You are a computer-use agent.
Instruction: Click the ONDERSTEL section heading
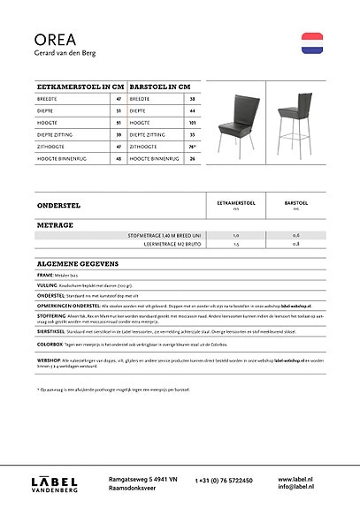pyautogui.click(x=58, y=205)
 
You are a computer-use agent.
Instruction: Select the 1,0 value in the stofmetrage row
pyautogui.click(x=236, y=236)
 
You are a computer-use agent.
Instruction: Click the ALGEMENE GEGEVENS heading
pyautogui.click(x=78, y=263)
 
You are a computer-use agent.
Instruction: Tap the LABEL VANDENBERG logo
pyautogui.click(x=55, y=481)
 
